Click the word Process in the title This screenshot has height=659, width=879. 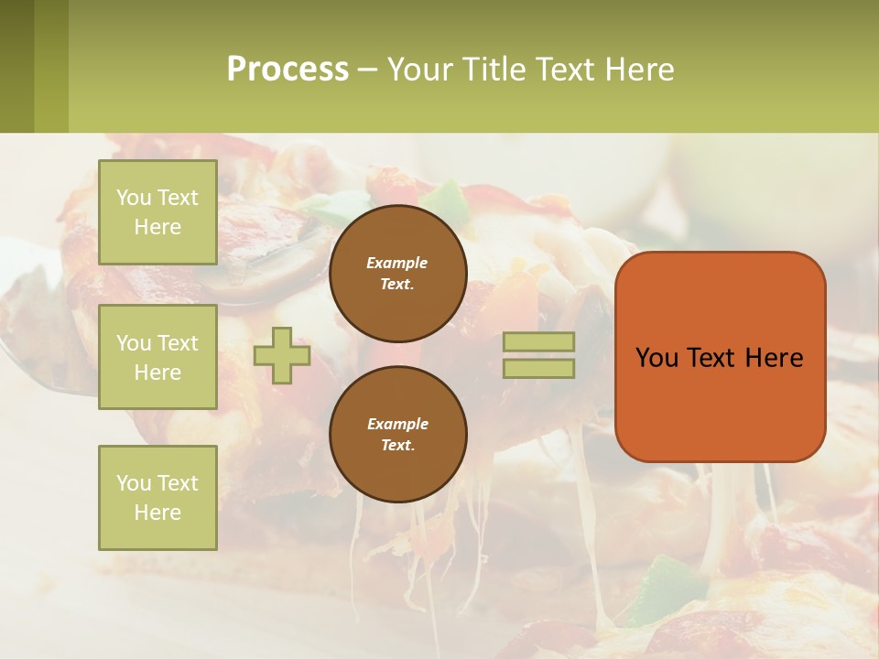pyautogui.click(x=288, y=70)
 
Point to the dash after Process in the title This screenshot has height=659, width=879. pyautogui.click(x=367, y=70)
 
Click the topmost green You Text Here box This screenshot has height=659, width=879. pyautogui.click(x=157, y=212)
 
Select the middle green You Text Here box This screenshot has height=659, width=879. pyautogui.click(x=157, y=357)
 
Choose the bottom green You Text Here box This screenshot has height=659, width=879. pyautogui.click(x=157, y=498)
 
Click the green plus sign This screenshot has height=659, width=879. pyautogui.click(x=282, y=355)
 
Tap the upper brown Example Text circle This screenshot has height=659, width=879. pyautogui.click(x=398, y=274)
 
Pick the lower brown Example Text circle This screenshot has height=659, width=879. pyautogui.click(x=398, y=435)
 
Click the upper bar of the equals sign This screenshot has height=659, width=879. pyautogui.click(x=539, y=341)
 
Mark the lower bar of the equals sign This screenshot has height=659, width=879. pyautogui.click(x=539, y=369)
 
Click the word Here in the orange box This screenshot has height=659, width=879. pyautogui.click(x=774, y=358)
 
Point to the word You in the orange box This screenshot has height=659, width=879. pyautogui.click(x=657, y=358)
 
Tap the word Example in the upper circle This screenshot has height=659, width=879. pyautogui.click(x=397, y=263)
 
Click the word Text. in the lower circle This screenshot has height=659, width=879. pyautogui.click(x=397, y=446)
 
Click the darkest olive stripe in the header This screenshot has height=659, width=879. pyautogui.click(x=16, y=66)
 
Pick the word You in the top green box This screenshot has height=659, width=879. pyautogui.click(x=134, y=198)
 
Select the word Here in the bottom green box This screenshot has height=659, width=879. pyautogui.click(x=157, y=513)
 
